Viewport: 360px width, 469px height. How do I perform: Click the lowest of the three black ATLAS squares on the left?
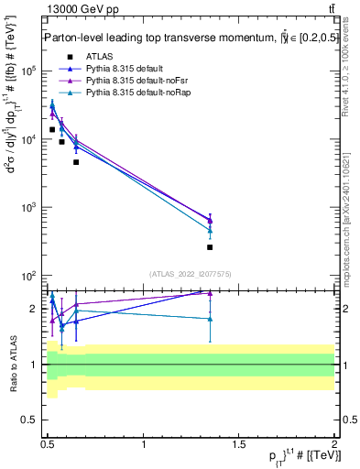pyautogui.click(x=76, y=162)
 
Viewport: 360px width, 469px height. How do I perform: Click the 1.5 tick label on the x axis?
pyautogui.click(x=239, y=444)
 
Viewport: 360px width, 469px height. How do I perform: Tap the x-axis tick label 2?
pyautogui.click(x=334, y=444)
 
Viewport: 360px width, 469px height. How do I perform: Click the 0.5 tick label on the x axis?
pyautogui.click(x=49, y=444)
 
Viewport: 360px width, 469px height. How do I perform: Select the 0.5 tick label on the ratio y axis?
pyautogui.click(x=32, y=420)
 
